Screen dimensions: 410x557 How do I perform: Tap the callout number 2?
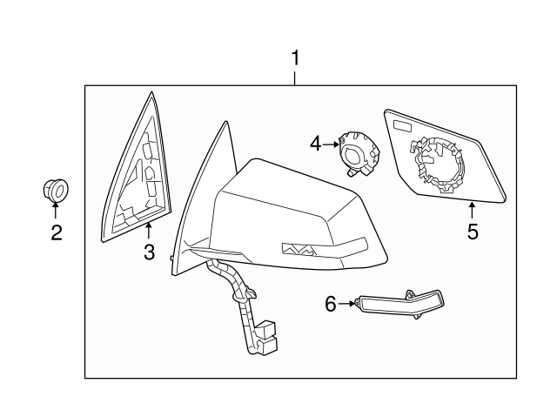[56, 232]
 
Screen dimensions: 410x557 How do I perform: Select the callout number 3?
[149, 253]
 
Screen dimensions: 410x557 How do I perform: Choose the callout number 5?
[473, 232]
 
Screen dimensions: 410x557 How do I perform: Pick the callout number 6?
[330, 304]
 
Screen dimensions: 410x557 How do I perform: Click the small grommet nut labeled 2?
[56, 189]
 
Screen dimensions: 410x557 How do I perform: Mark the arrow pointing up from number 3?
[149, 231]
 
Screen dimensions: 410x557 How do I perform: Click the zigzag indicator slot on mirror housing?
[300, 249]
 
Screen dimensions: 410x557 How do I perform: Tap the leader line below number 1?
[295, 77]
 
